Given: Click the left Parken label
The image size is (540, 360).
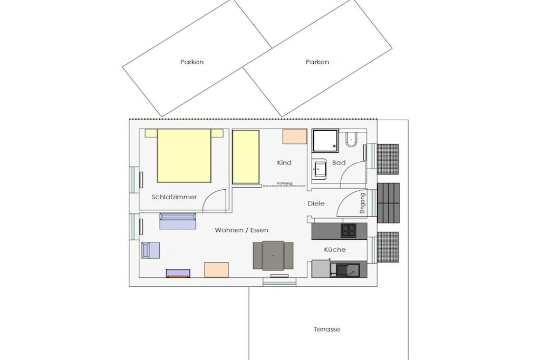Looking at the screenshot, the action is click(x=192, y=62).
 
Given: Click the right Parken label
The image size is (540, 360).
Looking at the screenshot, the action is click(x=317, y=62).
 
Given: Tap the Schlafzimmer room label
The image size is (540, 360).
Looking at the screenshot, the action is click(x=174, y=197).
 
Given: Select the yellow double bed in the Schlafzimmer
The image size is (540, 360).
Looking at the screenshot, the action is click(x=184, y=155).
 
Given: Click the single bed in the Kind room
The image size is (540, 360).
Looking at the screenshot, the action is click(x=246, y=157).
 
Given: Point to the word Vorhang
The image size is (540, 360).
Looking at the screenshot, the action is click(x=284, y=183).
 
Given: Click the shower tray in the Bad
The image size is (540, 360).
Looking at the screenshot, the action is click(x=325, y=141).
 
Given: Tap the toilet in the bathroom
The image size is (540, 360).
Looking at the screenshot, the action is click(x=351, y=139).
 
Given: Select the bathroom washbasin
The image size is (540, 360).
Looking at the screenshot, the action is click(x=319, y=169).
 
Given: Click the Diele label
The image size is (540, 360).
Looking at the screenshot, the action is click(x=316, y=203).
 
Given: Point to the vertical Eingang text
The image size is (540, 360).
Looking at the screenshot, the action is click(x=362, y=203).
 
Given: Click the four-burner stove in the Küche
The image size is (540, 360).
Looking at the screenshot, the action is click(x=349, y=230).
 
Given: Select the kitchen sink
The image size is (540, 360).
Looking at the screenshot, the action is click(x=348, y=270).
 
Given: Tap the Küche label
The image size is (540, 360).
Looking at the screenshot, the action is click(x=335, y=249).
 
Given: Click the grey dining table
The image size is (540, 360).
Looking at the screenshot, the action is click(x=273, y=256).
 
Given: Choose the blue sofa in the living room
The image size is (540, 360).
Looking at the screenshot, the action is click(x=178, y=221).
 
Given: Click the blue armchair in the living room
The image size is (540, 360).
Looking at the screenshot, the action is click(x=150, y=250).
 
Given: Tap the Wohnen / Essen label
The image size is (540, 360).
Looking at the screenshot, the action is click(x=242, y=230).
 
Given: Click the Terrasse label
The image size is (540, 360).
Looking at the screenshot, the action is click(x=327, y=329).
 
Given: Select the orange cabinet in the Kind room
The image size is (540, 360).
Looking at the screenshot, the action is click(x=295, y=137).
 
